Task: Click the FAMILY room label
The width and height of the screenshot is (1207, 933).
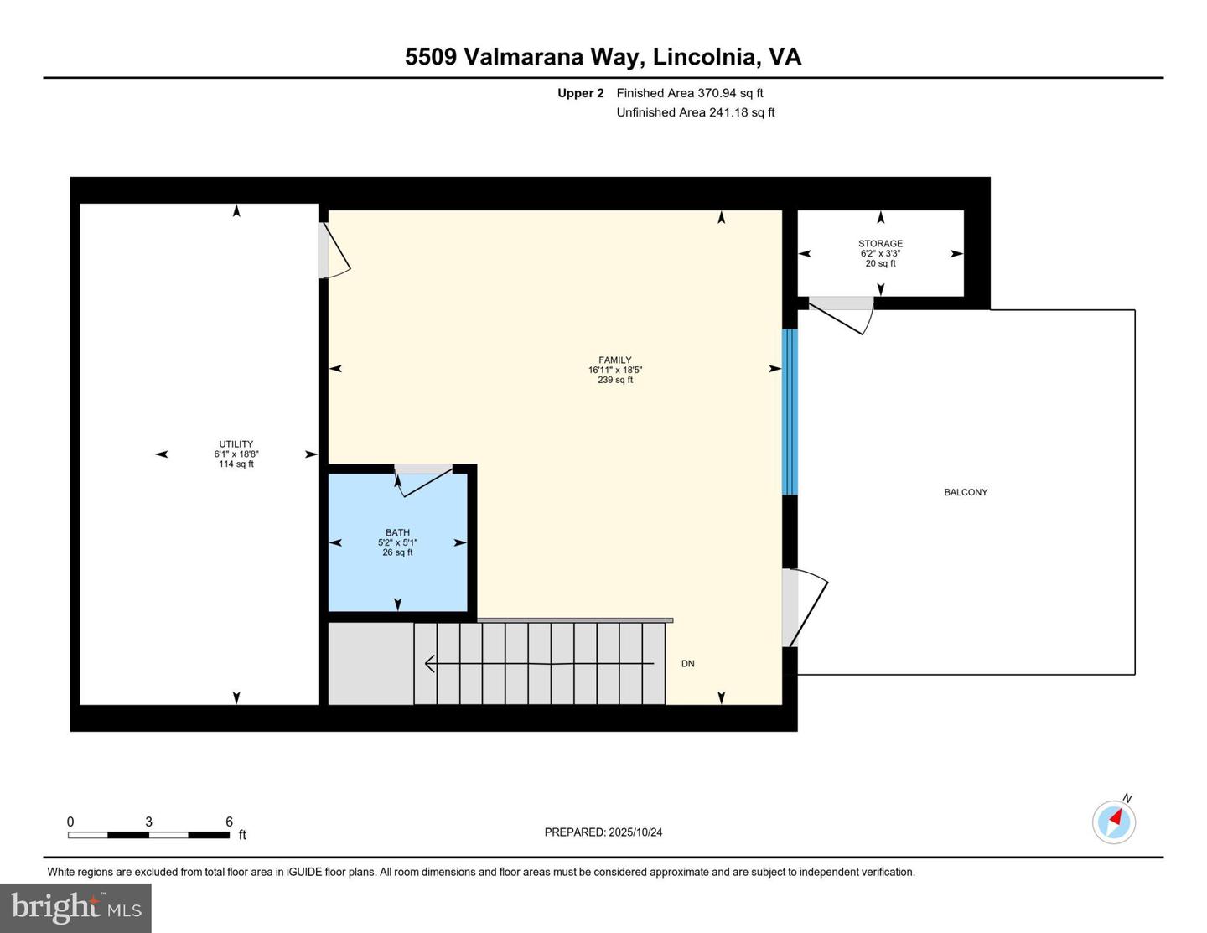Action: (x=614, y=360)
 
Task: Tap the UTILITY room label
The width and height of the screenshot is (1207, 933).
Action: (x=236, y=444)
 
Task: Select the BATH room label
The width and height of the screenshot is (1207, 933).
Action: (x=397, y=532)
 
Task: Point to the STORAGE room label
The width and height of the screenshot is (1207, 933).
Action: (x=880, y=244)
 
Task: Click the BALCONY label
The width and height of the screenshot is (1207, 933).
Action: (x=966, y=492)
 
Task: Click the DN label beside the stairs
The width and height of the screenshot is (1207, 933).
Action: (x=687, y=664)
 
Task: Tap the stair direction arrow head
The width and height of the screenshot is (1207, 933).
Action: (x=430, y=664)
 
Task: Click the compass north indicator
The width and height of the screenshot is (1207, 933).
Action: (x=1114, y=821)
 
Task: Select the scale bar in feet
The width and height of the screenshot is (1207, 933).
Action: (x=148, y=835)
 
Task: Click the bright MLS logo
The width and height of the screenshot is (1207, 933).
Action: (x=75, y=908)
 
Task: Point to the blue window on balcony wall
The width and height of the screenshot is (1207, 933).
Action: (x=790, y=412)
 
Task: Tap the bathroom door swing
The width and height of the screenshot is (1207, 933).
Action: (x=424, y=480)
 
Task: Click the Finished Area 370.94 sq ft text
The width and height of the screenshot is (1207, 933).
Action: (x=689, y=93)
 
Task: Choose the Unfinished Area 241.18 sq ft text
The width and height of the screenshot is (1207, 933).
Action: (x=695, y=112)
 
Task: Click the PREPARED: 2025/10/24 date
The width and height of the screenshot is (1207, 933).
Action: (x=603, y=832)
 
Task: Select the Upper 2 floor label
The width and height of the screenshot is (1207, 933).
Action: (x=580, y=93)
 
